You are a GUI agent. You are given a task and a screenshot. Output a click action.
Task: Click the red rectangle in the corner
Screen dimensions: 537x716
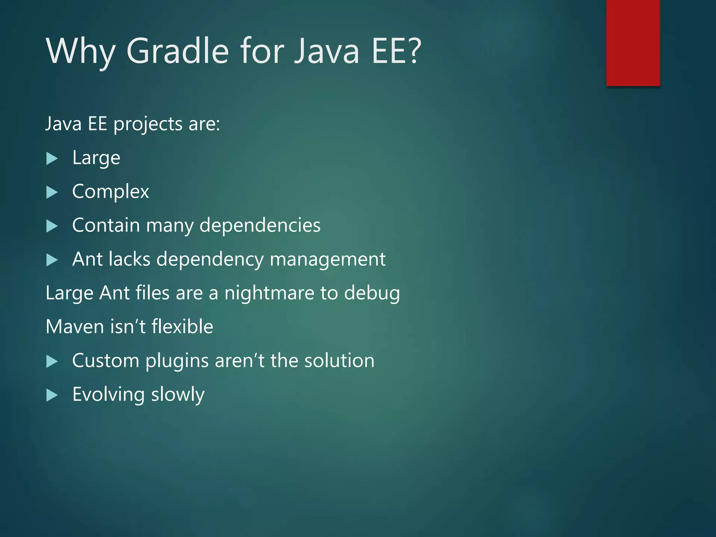click(x=633, y=43)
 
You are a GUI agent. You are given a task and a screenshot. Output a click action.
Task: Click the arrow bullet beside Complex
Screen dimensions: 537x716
click(x=52, y=192)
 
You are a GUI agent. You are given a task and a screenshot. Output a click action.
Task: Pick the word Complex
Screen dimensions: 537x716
click(x=110, y=192)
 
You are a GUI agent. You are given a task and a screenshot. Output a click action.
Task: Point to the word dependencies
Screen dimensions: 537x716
click(x=260, y=225)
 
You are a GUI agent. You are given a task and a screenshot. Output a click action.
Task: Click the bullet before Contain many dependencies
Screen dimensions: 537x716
click(x=52, y=226)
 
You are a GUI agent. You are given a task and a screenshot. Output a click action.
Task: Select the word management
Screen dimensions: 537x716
click(x=328, y=259)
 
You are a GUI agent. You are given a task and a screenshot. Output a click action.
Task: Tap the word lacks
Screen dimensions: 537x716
click(x=129, y=259)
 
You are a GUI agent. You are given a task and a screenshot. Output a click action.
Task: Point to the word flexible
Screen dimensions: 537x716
click(x=182, y=327)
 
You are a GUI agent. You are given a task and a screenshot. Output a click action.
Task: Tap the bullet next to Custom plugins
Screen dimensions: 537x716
click(x=52, y=361)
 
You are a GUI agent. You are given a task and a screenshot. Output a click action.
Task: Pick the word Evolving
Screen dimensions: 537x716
click(x=109, y=395)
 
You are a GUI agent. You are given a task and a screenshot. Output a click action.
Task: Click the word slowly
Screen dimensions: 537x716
click(x=178, y=395)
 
